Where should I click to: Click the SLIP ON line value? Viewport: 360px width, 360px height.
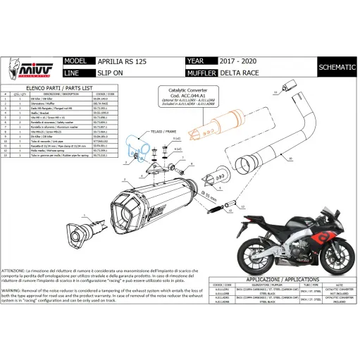click(109, 72)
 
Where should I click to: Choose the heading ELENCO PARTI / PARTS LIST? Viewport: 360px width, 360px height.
click(67, 85)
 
